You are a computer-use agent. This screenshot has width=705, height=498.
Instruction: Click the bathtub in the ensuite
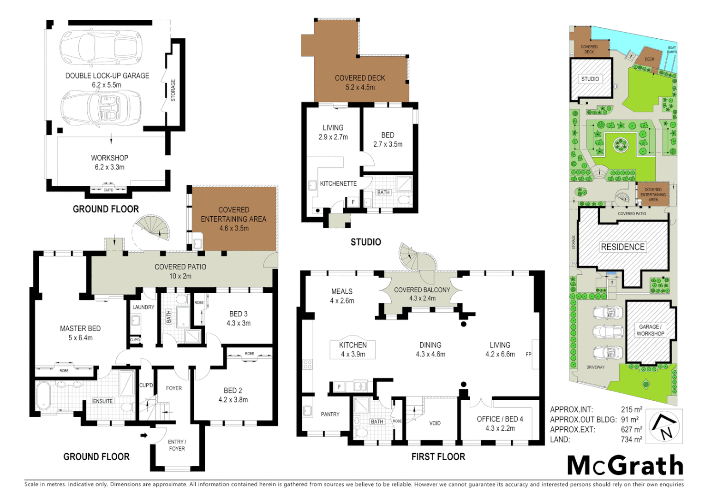pos(43,395)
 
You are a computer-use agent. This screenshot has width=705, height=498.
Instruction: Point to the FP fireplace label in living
pos(529,355)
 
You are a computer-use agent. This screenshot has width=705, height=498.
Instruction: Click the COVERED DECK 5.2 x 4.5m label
pos(360,83)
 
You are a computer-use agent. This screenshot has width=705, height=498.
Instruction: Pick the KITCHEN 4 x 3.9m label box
pos(353,350)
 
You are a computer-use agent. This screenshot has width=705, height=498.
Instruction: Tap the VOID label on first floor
pos(435,423)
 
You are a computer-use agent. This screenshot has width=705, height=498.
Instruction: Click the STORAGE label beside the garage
pos(173,90)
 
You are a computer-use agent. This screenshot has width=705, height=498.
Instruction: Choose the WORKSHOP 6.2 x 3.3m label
pos(109,162)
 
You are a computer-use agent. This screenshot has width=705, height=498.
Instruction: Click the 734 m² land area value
pos(631,439)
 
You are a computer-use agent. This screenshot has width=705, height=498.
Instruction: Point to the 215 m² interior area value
pos(631,409)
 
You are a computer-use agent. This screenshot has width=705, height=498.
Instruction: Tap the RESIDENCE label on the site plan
pos(622,247)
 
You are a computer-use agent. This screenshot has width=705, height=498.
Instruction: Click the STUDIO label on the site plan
pos(590,79)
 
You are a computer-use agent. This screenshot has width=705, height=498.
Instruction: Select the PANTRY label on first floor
pos(330,415)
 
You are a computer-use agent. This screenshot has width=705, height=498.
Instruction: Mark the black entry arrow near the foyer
pos(144,435)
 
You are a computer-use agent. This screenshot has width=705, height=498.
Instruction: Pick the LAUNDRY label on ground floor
pos(143,307)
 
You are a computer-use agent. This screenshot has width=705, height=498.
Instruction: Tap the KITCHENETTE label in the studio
pos(338,184)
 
